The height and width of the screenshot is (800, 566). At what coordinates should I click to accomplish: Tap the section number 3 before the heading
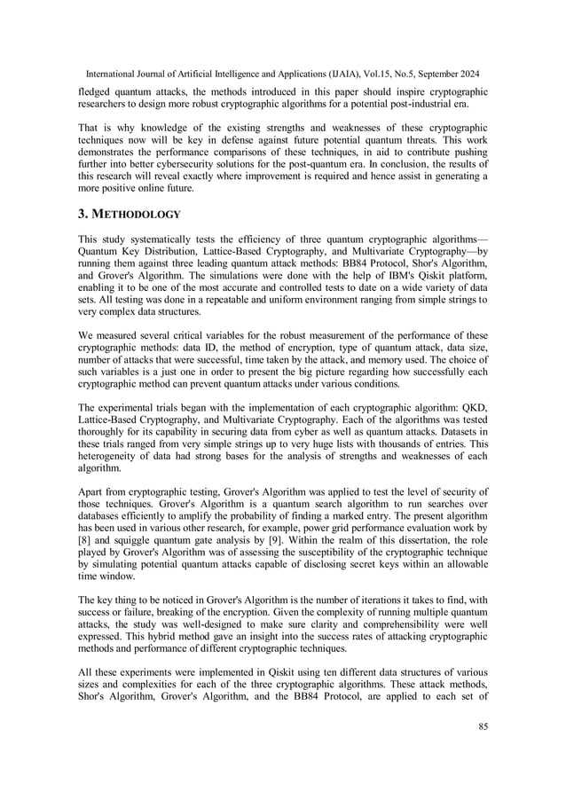pyautogui.click(x=83, y=214)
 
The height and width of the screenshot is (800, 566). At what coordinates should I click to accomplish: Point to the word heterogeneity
pyautogui.click(x=104, y=456)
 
